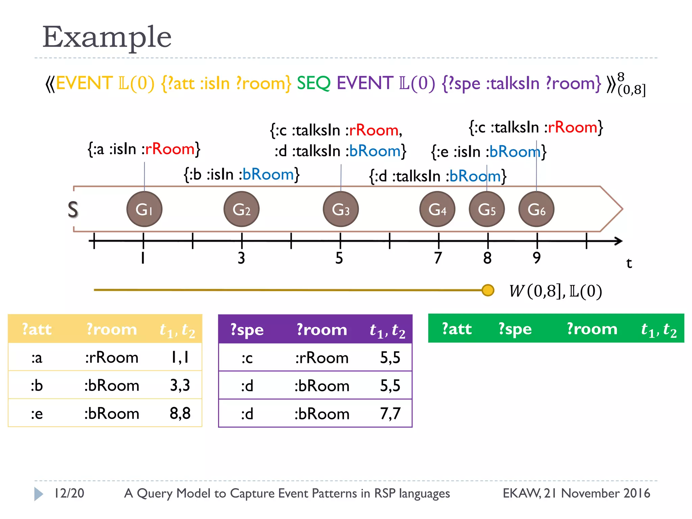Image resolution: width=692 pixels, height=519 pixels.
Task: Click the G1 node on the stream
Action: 144,209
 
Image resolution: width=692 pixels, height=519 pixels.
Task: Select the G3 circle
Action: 341,209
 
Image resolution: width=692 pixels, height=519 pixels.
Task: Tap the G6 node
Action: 536,209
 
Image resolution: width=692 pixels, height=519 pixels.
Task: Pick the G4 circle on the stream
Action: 437,209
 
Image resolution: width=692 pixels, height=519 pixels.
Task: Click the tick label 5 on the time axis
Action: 339,258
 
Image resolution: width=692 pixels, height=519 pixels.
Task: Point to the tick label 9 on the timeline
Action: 537,258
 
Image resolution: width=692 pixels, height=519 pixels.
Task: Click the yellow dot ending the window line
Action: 488,290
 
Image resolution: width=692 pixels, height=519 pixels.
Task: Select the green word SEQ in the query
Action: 313,83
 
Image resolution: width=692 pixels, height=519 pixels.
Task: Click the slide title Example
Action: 107,37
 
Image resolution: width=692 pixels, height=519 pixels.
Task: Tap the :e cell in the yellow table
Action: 37,414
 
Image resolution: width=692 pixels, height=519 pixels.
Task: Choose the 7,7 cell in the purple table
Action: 390,414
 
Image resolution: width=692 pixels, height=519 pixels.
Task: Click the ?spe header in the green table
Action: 515,329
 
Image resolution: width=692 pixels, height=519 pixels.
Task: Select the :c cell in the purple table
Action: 247,358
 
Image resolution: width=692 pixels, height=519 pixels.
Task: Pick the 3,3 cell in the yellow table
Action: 180,386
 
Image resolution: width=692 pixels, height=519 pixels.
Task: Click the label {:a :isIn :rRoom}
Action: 144,149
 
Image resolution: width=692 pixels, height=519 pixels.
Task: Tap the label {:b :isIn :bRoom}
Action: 242,174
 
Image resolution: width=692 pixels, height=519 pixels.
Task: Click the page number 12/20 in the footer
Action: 69,493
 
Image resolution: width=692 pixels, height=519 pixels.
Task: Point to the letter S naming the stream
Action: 73,209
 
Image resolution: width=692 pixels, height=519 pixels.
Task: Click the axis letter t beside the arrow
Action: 629,263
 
